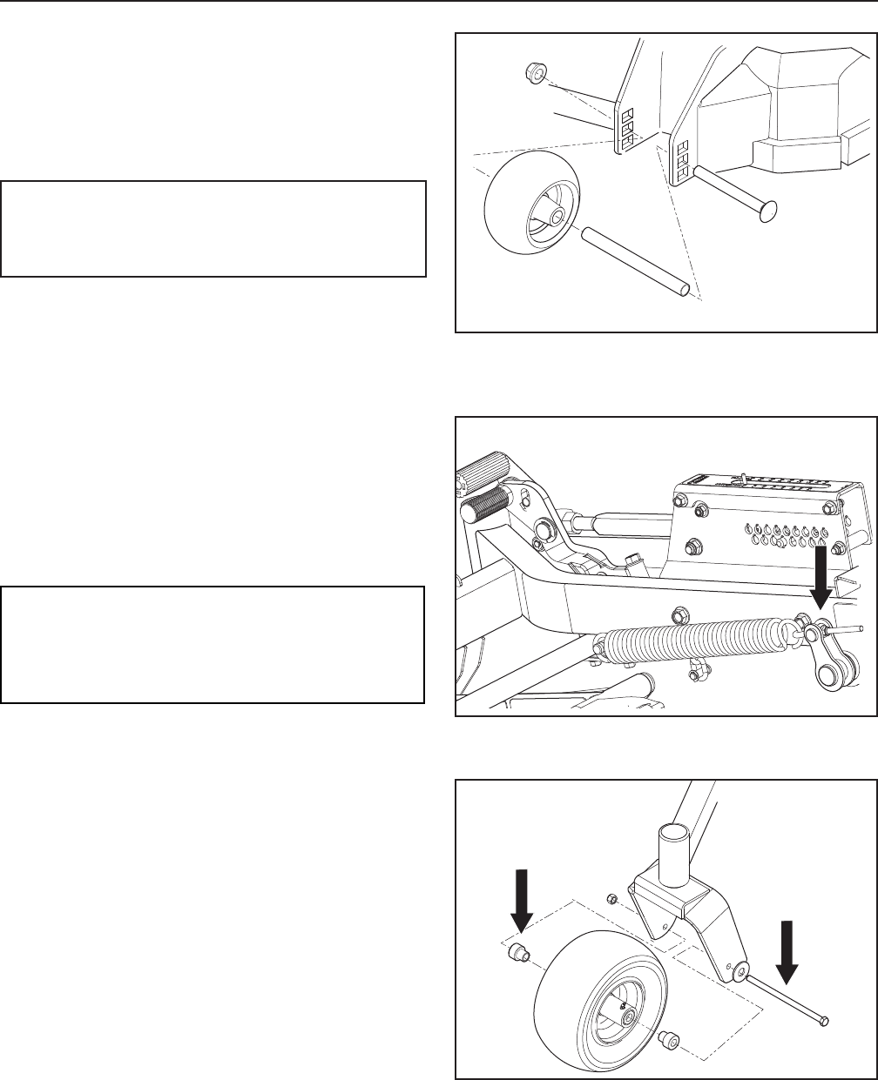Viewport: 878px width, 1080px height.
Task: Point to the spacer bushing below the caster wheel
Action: (670, 1038)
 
